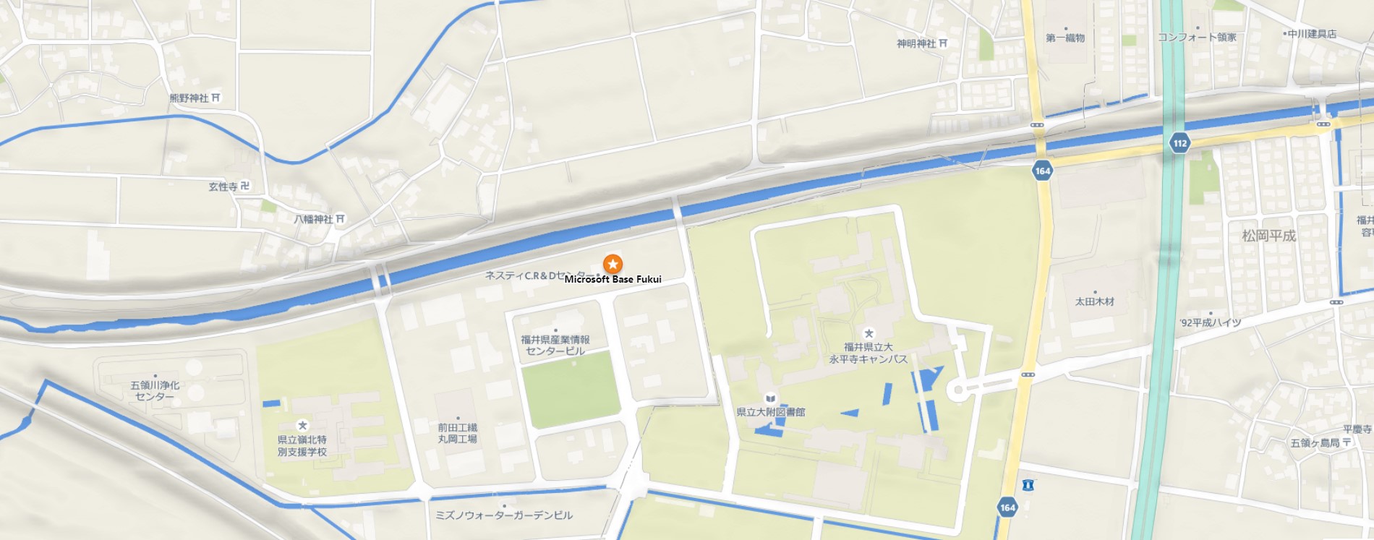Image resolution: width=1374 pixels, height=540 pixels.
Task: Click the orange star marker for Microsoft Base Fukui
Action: [x=613, y=264]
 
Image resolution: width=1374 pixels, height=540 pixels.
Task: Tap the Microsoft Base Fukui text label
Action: [x=613, y=279]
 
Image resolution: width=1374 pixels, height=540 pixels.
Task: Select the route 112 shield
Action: [x=1180, y=142]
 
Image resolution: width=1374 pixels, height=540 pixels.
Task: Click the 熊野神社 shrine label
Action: [x=189, y=98]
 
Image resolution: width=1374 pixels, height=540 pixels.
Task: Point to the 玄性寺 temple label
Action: [x=223, y=187]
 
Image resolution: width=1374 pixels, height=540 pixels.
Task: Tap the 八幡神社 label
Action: [x=314, y=218]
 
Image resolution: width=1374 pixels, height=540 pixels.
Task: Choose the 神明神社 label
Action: [x=916, y=43]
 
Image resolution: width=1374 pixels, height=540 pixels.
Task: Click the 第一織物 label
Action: [x=1065, y=38]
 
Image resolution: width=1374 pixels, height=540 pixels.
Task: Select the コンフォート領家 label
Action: [x=1197, y=37]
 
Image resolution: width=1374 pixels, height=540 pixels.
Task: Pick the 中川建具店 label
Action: [x=1311, y=33]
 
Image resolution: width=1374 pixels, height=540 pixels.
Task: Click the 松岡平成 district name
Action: [x=1268, y=236]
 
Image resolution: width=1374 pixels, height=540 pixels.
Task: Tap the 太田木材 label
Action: [x=1094, y=301]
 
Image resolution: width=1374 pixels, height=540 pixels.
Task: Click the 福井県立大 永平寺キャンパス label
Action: [x=868, y=353]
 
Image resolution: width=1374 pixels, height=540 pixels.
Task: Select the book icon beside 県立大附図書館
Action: [x=771, y=398]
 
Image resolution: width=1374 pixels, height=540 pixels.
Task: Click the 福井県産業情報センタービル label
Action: [x=555, y=345]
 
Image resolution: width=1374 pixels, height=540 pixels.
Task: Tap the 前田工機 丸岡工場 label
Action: [x=457, y=433]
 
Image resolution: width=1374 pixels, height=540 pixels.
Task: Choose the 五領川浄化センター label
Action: [x=155, y=390]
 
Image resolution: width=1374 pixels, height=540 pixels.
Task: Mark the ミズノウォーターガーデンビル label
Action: [x=504, y=515]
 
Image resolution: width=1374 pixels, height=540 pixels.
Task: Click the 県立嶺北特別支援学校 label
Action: [x=302, y=445]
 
